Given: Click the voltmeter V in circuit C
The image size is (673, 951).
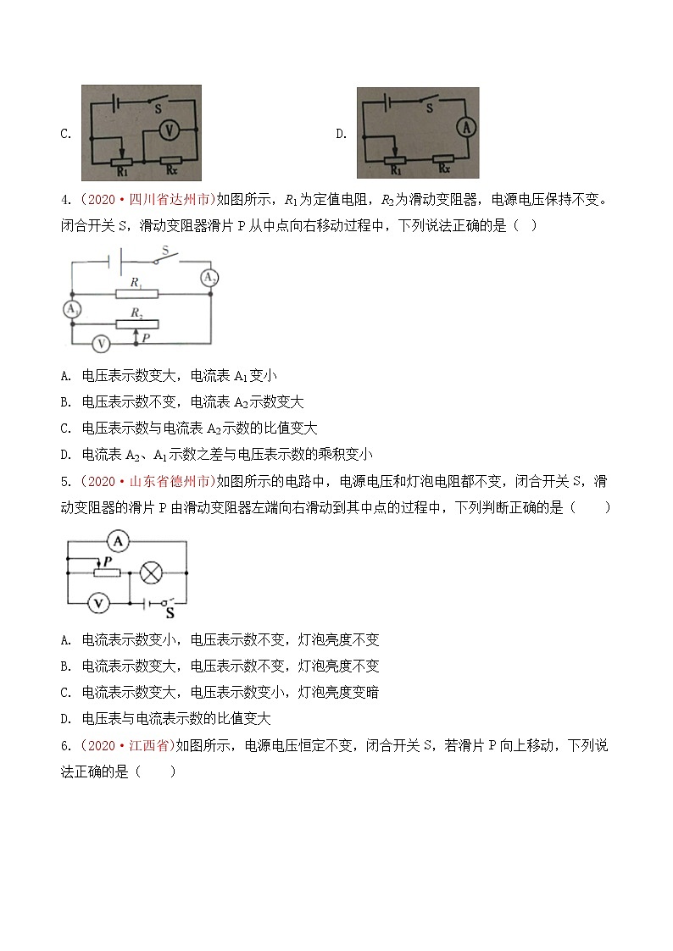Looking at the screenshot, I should (x=168, y=130).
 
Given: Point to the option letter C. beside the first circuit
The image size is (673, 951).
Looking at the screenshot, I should (x=65, y=134).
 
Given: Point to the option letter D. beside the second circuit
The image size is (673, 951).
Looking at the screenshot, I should (x=341, y=134).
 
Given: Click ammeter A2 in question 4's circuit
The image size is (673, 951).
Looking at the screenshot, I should (x=209, y=278).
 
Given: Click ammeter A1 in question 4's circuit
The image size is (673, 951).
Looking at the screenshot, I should (x=73, y=310).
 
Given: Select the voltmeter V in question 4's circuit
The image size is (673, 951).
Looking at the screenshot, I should (x=100, y=343).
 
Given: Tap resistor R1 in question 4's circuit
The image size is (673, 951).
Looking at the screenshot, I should (x=136, y=293).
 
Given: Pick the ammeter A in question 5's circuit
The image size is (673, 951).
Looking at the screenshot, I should (x=120, y=539).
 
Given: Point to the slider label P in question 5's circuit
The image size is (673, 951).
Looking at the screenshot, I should (x=106, y=561).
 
